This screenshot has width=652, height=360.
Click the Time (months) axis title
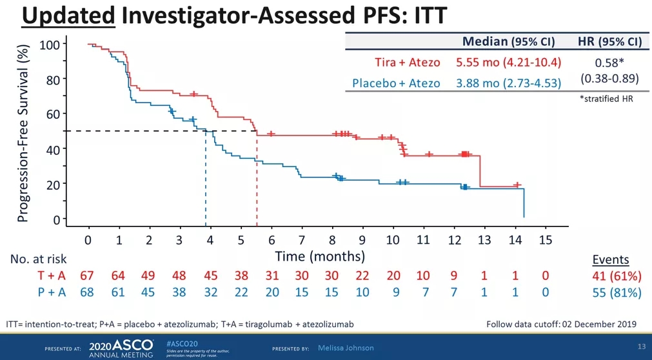click(320, 256)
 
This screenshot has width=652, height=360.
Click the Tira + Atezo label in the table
click(408, 63)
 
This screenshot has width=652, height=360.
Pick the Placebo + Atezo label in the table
click(396, 83)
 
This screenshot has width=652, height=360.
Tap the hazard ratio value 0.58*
click(609, 63)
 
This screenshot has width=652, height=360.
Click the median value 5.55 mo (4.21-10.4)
click(508, 63)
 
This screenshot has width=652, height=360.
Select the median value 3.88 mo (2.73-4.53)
click(508, 83)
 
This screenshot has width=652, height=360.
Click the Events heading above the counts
click(610, 260)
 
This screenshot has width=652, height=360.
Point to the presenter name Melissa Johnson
click(346, 348)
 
